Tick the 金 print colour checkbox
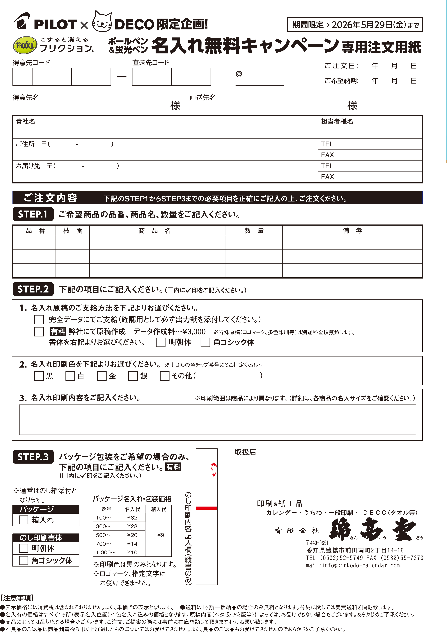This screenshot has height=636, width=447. click(x=102, y=376)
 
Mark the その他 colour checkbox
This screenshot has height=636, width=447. click(x=165, y=376)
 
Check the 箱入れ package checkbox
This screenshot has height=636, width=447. click(x=24, y=520)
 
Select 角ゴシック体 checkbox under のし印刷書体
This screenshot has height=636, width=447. click(x=24, y=560)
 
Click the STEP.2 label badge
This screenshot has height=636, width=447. click(x=33, y=289)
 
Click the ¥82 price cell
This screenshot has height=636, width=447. click(x=132, y=517)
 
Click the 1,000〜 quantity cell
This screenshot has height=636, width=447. click(x=106, y=552)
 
